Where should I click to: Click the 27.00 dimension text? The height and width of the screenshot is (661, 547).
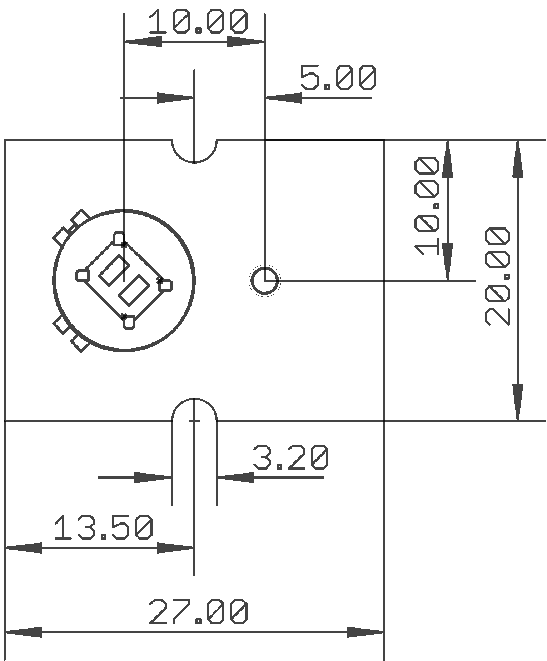(x=198, y=612)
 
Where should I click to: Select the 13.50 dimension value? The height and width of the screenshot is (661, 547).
(x=103, y=527)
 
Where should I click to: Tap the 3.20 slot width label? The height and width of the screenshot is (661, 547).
(x=290, y=457)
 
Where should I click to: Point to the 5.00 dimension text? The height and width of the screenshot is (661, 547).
(x=338, y=77)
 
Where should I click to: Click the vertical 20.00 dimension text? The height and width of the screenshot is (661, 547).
(x=497, y=276)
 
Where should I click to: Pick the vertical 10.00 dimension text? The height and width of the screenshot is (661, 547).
(x=427, y=206)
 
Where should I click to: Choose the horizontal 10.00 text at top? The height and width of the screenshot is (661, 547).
(x=198, y=21)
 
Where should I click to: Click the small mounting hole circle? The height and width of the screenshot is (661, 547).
(x=265, y=281)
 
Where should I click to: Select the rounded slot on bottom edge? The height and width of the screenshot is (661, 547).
(x=194, y=411)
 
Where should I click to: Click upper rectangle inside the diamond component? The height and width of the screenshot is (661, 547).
(x=114, y=270)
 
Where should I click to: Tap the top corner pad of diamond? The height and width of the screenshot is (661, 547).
(x=119, y=238)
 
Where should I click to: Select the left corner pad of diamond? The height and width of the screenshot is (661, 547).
(x=83, y=275)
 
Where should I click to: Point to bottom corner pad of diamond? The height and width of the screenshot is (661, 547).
(x=129, y=322)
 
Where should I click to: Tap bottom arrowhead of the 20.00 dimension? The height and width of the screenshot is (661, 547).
(x=518, y=402)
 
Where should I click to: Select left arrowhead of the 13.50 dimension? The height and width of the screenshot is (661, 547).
(x=24, y=548)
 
